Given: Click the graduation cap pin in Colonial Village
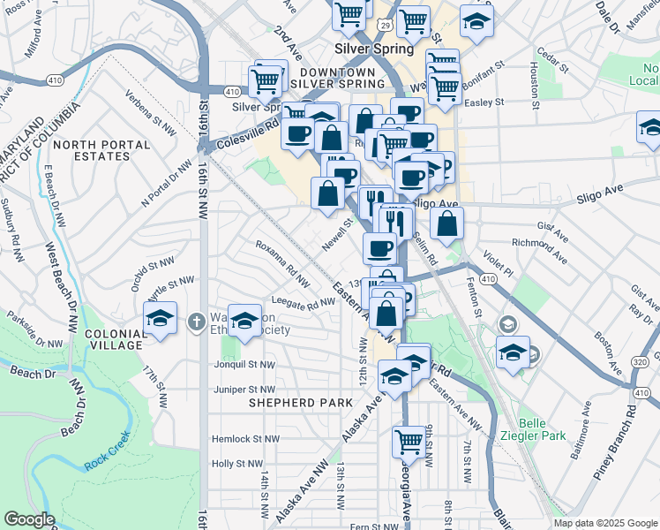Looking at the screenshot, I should [161, 319].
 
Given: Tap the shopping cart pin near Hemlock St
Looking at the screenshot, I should [409, 441].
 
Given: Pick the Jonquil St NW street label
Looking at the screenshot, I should [244, 364].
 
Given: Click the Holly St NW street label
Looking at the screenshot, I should [237, 463].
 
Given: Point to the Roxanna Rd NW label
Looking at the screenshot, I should [282, 263].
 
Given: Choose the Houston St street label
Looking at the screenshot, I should [536, 79].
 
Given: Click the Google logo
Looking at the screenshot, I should [29, 519].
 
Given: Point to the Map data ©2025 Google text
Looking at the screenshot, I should [604, 523].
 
